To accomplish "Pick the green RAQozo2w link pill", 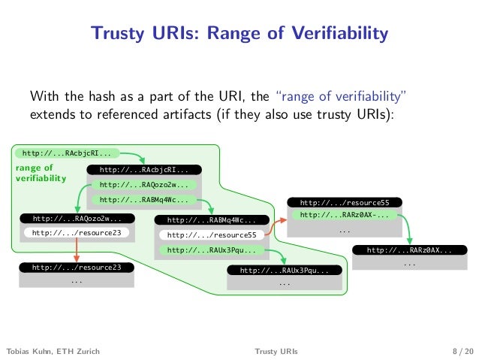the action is (143, 185).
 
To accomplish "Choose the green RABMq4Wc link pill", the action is (143, 200).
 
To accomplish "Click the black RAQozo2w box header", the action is (77, 219).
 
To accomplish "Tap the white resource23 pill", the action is (77, 233).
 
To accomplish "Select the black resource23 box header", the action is (77, 267).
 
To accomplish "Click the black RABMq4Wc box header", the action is (211, 221).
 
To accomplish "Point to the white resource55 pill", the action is (211, 236).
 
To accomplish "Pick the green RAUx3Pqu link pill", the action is (211, 250).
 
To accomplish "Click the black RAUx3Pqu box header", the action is (285, 270).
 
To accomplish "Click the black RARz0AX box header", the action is (410, 250).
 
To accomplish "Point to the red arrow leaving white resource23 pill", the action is (77, 250).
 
